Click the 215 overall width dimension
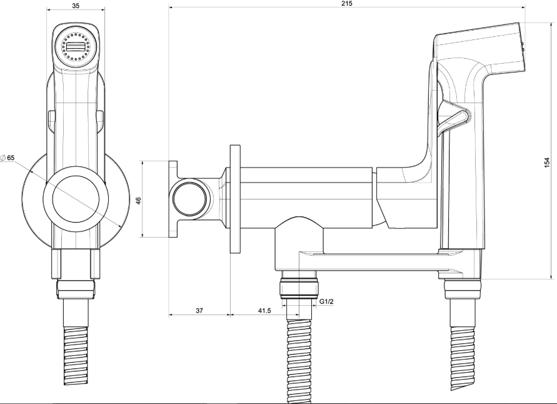[x=348, y=4]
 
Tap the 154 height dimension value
[x=547, y=162]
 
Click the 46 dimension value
[x=139, y=200]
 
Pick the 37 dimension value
[x=199, y=310]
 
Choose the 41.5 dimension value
[x=264, y=310]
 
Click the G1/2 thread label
[x=326, y=303]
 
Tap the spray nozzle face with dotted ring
[x=75, y=46]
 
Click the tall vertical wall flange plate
[x=235, y=199]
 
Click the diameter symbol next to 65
[x=3, y=158]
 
